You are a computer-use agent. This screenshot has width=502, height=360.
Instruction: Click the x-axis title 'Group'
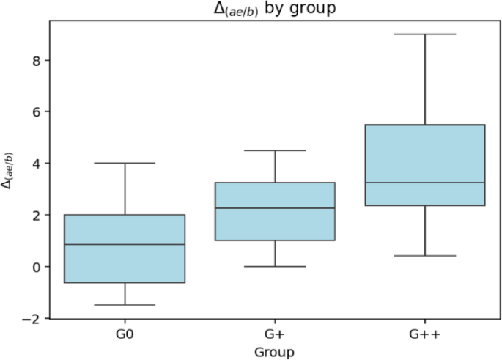pos(274,352)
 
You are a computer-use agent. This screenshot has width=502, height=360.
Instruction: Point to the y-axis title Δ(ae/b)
pos(10,170)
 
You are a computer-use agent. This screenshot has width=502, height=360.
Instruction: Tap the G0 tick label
pos(125,334)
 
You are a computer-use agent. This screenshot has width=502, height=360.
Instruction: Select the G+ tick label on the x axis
pos(275,334)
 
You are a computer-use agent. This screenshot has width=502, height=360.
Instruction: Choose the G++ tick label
pos(425,334)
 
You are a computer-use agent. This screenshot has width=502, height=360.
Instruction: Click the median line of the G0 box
pos(125,244)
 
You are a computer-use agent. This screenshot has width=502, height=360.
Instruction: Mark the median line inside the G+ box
pos(275,208)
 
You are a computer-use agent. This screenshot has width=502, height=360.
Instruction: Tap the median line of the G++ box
pos(425,183)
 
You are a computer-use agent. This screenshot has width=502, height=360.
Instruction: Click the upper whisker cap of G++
pos(425,34)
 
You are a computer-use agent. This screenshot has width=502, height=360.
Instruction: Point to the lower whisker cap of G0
pos(125,305)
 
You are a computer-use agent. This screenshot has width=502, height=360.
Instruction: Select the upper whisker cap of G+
pos(275,150)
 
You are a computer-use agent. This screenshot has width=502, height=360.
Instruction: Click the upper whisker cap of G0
pos(125,163)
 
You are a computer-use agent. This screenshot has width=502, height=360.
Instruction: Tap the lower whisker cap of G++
pos(425,256)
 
